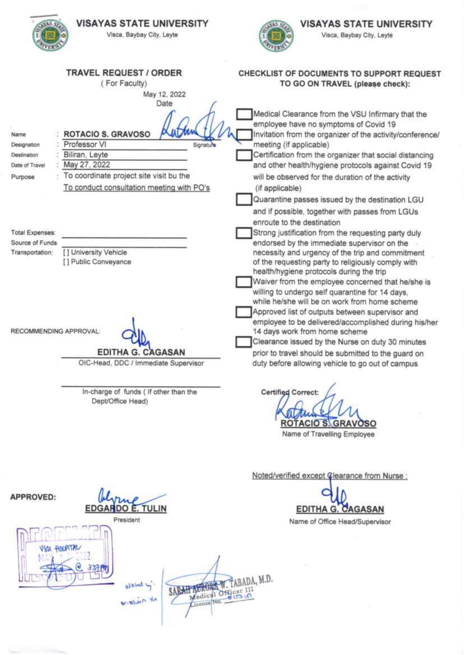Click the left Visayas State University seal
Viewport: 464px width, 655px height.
pos(51,36)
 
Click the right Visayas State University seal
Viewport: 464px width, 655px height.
pos(276,37)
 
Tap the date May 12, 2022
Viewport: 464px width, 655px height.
pos(164,94)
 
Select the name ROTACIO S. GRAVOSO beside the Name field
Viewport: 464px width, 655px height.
pos(107,134)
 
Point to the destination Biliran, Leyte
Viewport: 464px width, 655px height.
pos(86,155)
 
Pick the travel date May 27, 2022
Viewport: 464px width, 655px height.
pos(87,165)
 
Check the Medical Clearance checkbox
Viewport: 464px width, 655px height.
pos(244,114)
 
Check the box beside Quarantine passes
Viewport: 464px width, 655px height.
pos(244,200)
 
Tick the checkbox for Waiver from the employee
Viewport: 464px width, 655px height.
pos(243,282)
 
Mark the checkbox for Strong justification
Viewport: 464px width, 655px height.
pos(244,233)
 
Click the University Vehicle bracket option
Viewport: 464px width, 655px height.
pos(66,253)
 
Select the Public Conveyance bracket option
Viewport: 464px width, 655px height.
pos(66,262)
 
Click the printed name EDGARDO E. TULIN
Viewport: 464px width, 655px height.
pos(126,509)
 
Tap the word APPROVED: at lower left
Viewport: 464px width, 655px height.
pos(33,497)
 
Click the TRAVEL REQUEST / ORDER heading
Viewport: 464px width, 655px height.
pos(124,73)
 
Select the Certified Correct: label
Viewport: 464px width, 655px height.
pos(290,392)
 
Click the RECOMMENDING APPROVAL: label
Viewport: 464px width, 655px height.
pos(55,331)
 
